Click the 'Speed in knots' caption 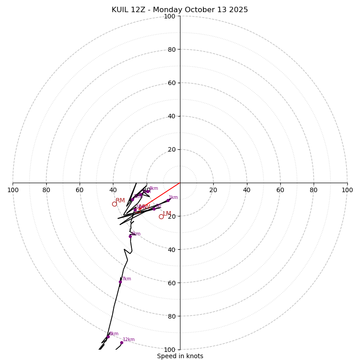click(x=180, y=356)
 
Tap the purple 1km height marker click(x=168, y=200)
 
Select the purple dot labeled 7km click(x=120, y=282)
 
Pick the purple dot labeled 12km click(x=121, y=342)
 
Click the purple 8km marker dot click(x=108, y=337)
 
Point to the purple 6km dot click(x=130, y=236)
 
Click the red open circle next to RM click(x=114, y=204)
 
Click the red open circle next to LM click(x=161, y=216)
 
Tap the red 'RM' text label click(x=120, y=201)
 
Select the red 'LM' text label click(x=167, y=213)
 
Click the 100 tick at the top click(x=170, y=16)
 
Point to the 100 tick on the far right click(x=347, y=190)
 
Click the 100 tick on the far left click(x=13, y=190)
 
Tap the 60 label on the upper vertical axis click(x=170, y=83)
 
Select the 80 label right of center click(x=314, y=190)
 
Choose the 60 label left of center click(x=80, y=190)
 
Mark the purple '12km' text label click(x=129, y=340)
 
